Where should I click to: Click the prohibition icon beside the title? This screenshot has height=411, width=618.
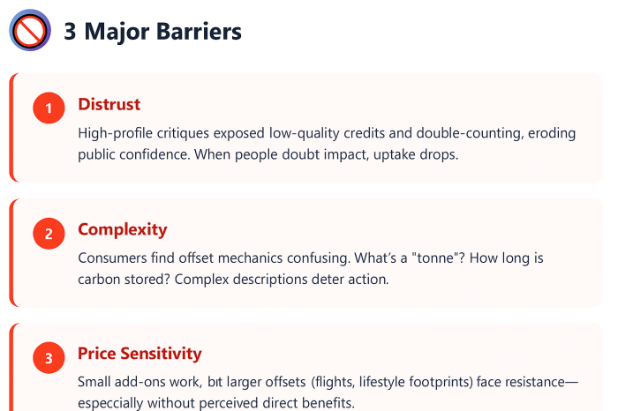click(30, 32)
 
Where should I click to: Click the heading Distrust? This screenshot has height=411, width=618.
click(109, 104)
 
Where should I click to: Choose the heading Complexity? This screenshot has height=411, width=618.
click(122, 229)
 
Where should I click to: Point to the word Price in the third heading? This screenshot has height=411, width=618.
click(96, 354)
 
